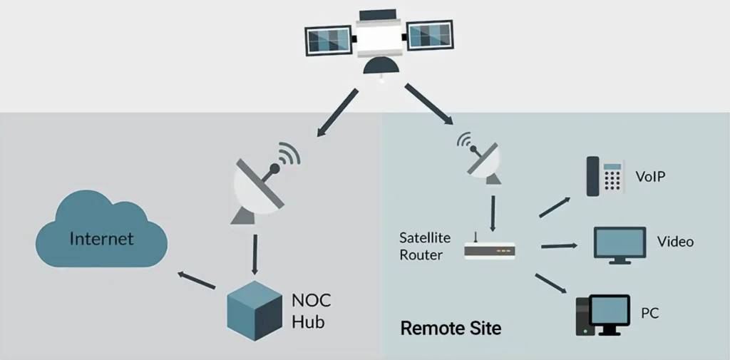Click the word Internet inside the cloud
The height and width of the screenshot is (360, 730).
tap(101, 238)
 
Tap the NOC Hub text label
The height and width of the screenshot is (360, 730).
tap(308, 310)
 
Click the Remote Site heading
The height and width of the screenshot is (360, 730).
tap(451, 329)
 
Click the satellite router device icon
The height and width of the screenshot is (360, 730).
tap(489, 250)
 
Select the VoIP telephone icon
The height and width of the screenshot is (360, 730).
tap(605, 176)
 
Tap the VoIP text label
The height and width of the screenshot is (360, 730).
tap(649, 176)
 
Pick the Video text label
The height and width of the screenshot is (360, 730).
tap(675, 242)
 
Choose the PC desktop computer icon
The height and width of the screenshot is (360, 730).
tap(602, 314)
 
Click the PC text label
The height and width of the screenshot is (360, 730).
tap(650, 313)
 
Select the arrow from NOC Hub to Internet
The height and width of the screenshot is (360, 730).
tap(197, 280)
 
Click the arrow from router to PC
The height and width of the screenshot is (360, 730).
tap(551, 282)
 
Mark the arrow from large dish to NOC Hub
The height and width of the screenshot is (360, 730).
tap(255, 254)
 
